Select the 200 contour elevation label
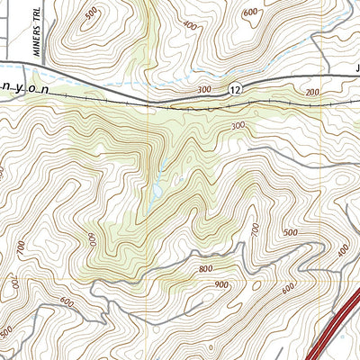point(311,94)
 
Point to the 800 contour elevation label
point(204,268)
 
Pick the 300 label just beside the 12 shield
point(204,90)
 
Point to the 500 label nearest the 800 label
point(289,233)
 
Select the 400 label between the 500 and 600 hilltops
point(190,26)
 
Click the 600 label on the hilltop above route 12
point(251,12)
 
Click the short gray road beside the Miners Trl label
point(13,36)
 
